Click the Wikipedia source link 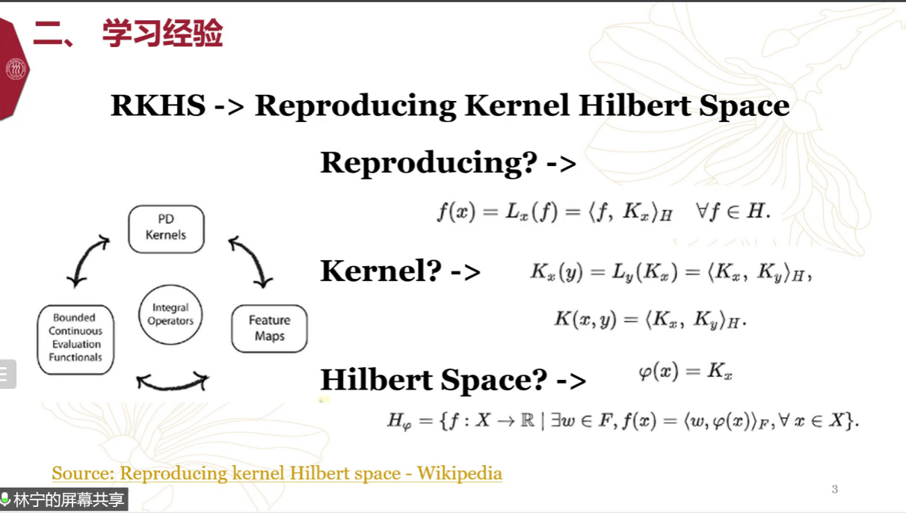277,473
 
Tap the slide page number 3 834,489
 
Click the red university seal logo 16,69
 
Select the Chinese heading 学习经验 163,33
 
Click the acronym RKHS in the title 158,105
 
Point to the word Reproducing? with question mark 429,163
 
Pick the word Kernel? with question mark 380,271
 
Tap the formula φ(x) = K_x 685,372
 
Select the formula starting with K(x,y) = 650,320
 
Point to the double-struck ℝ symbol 527,420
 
